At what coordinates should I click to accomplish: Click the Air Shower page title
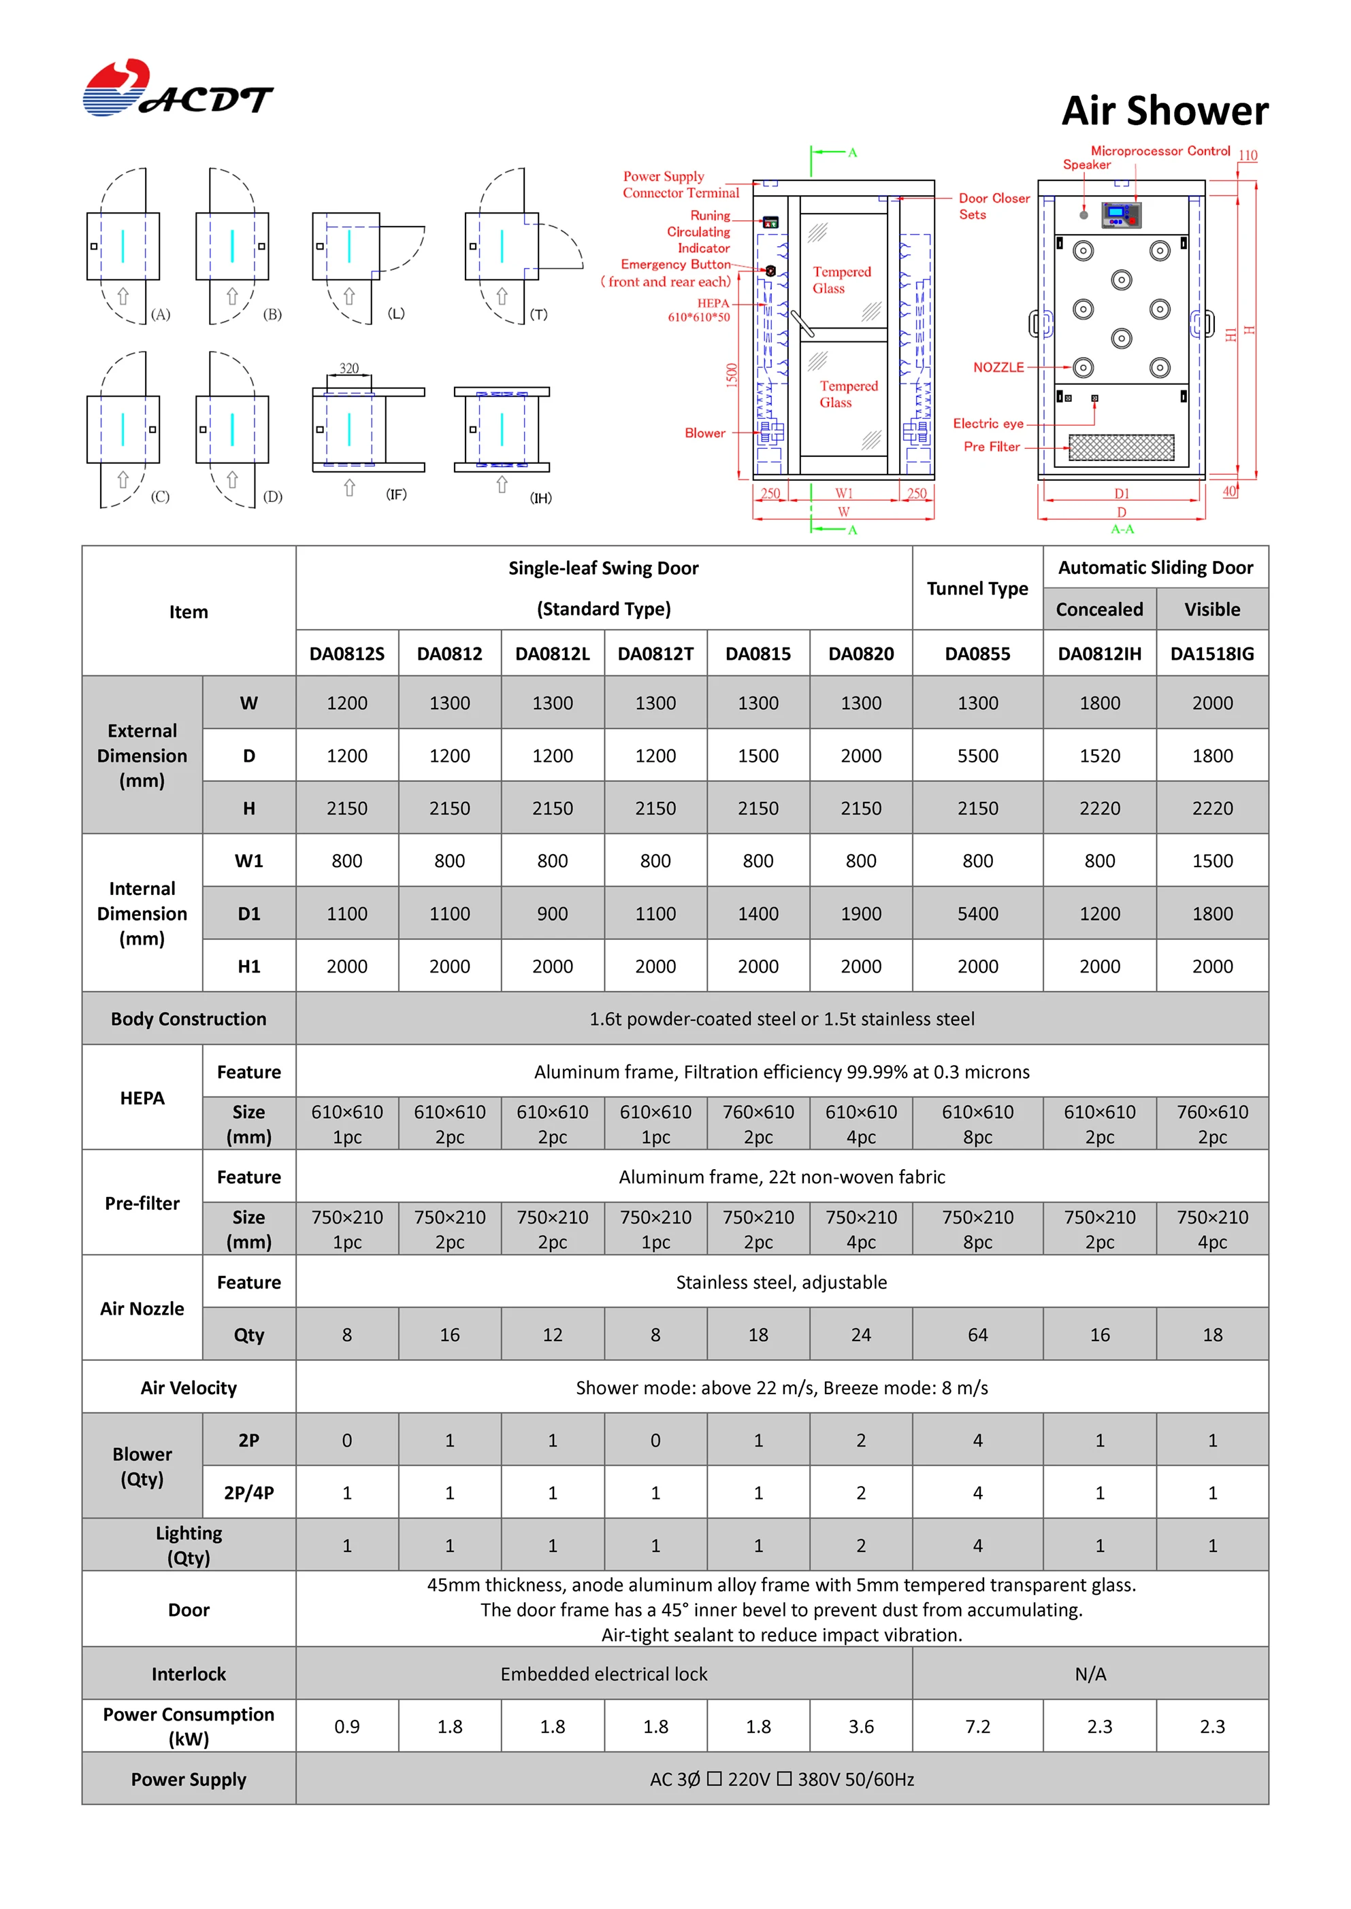point(1165,111)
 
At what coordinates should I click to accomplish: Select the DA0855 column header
point(977,654)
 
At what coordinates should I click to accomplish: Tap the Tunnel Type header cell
point(977,589)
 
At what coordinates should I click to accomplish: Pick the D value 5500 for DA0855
point(977,756)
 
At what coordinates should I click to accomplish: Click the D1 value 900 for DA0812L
point(553,914)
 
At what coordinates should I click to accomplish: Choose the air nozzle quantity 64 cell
point(977,1334)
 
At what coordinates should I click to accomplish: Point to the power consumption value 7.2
point(977,1727)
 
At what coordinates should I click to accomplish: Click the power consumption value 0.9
point(347,1727)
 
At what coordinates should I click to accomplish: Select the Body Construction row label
point(189,1019)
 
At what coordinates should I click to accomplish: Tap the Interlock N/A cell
point(1090,1674)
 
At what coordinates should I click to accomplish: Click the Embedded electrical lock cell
point(604,1674)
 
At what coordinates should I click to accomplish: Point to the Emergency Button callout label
point(675,265)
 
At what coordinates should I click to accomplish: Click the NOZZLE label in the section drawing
point(998,367)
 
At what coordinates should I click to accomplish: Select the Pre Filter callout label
point(992,447)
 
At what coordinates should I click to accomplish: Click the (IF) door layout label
point(396,494)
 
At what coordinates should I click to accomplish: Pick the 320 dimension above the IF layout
point(348,369)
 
